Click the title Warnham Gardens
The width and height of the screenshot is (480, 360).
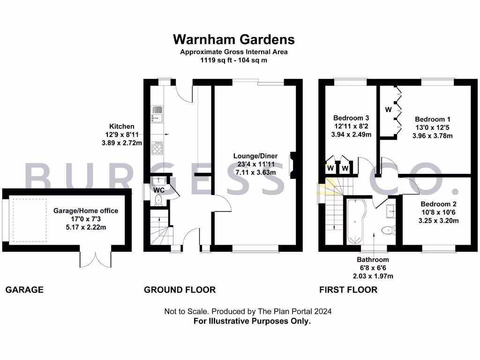pos(233,38)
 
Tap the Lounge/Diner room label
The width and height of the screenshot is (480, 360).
pos(255,156)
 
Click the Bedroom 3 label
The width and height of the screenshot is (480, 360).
pos(352,118)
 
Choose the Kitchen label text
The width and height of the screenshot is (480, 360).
pos(121,127)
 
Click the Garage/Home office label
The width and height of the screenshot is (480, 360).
pos(86,211)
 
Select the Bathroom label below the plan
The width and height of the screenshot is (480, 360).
pos(373,259)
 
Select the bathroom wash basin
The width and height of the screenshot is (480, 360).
pos(390,211)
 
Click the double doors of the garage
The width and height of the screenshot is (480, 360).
pos(96,257)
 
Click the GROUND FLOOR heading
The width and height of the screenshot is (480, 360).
pos(180,290)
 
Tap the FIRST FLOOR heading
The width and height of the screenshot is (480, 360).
pos(348,290)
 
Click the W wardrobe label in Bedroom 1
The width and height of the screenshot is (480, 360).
pos(388,110)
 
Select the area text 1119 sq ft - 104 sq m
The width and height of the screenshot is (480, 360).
pos(233,60)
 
